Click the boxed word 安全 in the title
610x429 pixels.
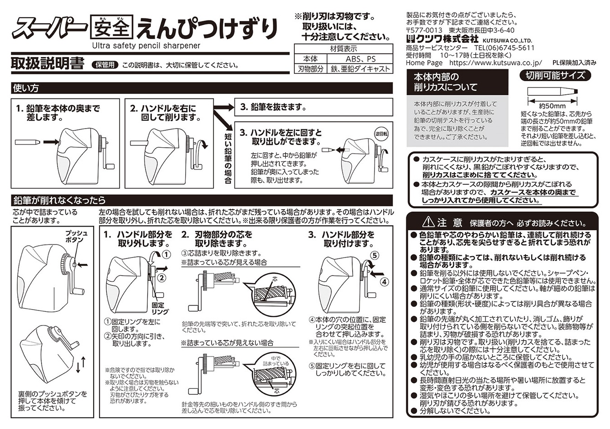(111, 28)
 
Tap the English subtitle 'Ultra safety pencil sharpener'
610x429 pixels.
(146, 46)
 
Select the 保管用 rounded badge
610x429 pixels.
(105, 65)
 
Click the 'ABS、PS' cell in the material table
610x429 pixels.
(361, 59)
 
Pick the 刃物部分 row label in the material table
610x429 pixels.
(311, 69)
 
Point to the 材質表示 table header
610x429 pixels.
(343, 49)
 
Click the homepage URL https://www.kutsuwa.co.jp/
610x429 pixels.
(495, 63)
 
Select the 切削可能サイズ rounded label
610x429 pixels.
(555, 75)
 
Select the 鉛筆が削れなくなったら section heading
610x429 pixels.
(60, 200)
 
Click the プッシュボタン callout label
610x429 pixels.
(73, 236)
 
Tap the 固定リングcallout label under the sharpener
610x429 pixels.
(160, 308)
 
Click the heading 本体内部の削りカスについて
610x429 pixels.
(445, 82)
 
